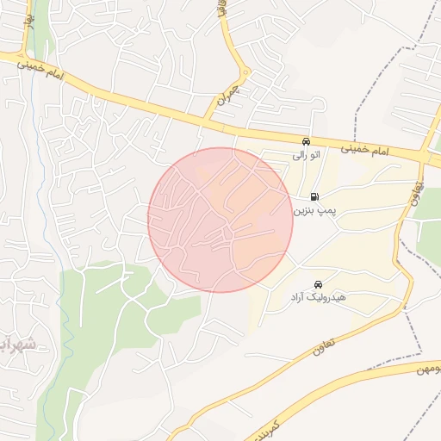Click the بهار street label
tap(31, 19)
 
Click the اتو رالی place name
tap(307, 156)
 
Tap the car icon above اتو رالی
tap(306, 141)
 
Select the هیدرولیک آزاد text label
tap(318, 297)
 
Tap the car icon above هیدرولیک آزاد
tap(318, 284)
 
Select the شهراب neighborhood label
tap(19, 345)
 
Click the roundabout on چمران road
tap(245, 72)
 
